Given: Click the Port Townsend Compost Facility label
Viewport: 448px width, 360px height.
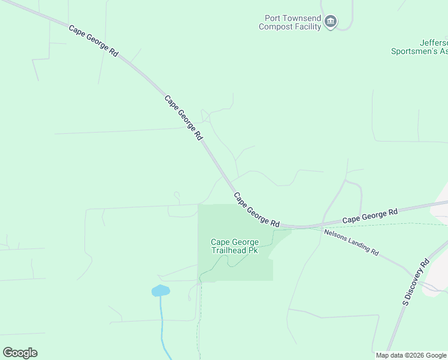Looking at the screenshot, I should pos(290,22).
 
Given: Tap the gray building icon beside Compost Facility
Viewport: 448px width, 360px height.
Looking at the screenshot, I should pos(331,22).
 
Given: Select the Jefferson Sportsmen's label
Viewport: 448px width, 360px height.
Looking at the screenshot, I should pos(419,47).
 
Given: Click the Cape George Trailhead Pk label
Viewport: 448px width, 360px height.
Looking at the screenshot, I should pos(234,246).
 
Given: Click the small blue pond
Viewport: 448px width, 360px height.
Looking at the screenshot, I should pos(160,291).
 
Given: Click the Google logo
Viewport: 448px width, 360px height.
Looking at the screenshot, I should pos(20,353).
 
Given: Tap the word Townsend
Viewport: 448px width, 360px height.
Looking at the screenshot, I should pos(302,18).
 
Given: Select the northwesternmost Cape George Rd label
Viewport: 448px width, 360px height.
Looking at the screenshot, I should pos(93,41).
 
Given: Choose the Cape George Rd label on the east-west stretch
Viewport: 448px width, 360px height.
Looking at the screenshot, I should pos(370,217).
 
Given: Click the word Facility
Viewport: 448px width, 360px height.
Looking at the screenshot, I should pos(308,26).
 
